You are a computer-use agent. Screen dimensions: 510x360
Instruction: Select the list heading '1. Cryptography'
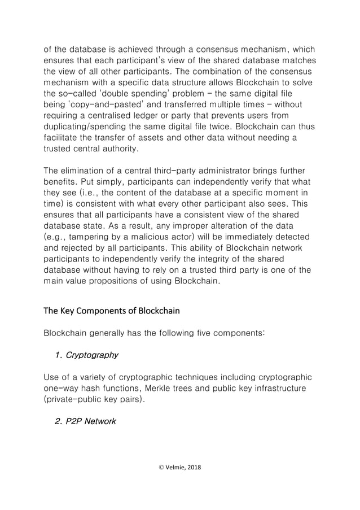click(x=87, y=355)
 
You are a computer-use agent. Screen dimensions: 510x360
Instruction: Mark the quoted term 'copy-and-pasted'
click(x=100, y=104)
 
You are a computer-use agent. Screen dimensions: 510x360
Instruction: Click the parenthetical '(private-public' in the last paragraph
click(x=74, y=400)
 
